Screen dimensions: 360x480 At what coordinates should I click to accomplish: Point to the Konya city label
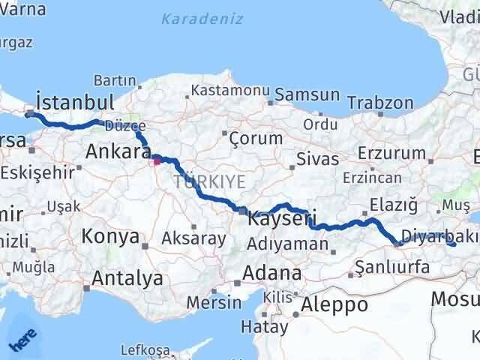pos(111,237)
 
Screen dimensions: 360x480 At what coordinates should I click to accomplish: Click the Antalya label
pos(127,278)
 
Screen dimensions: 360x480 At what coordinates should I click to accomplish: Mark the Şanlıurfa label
pos(392,267)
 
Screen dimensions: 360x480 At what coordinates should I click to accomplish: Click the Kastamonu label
pos(230,90)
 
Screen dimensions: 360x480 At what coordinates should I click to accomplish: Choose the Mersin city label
pos(214,303)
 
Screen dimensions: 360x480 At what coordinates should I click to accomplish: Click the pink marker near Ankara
pos(156,159)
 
